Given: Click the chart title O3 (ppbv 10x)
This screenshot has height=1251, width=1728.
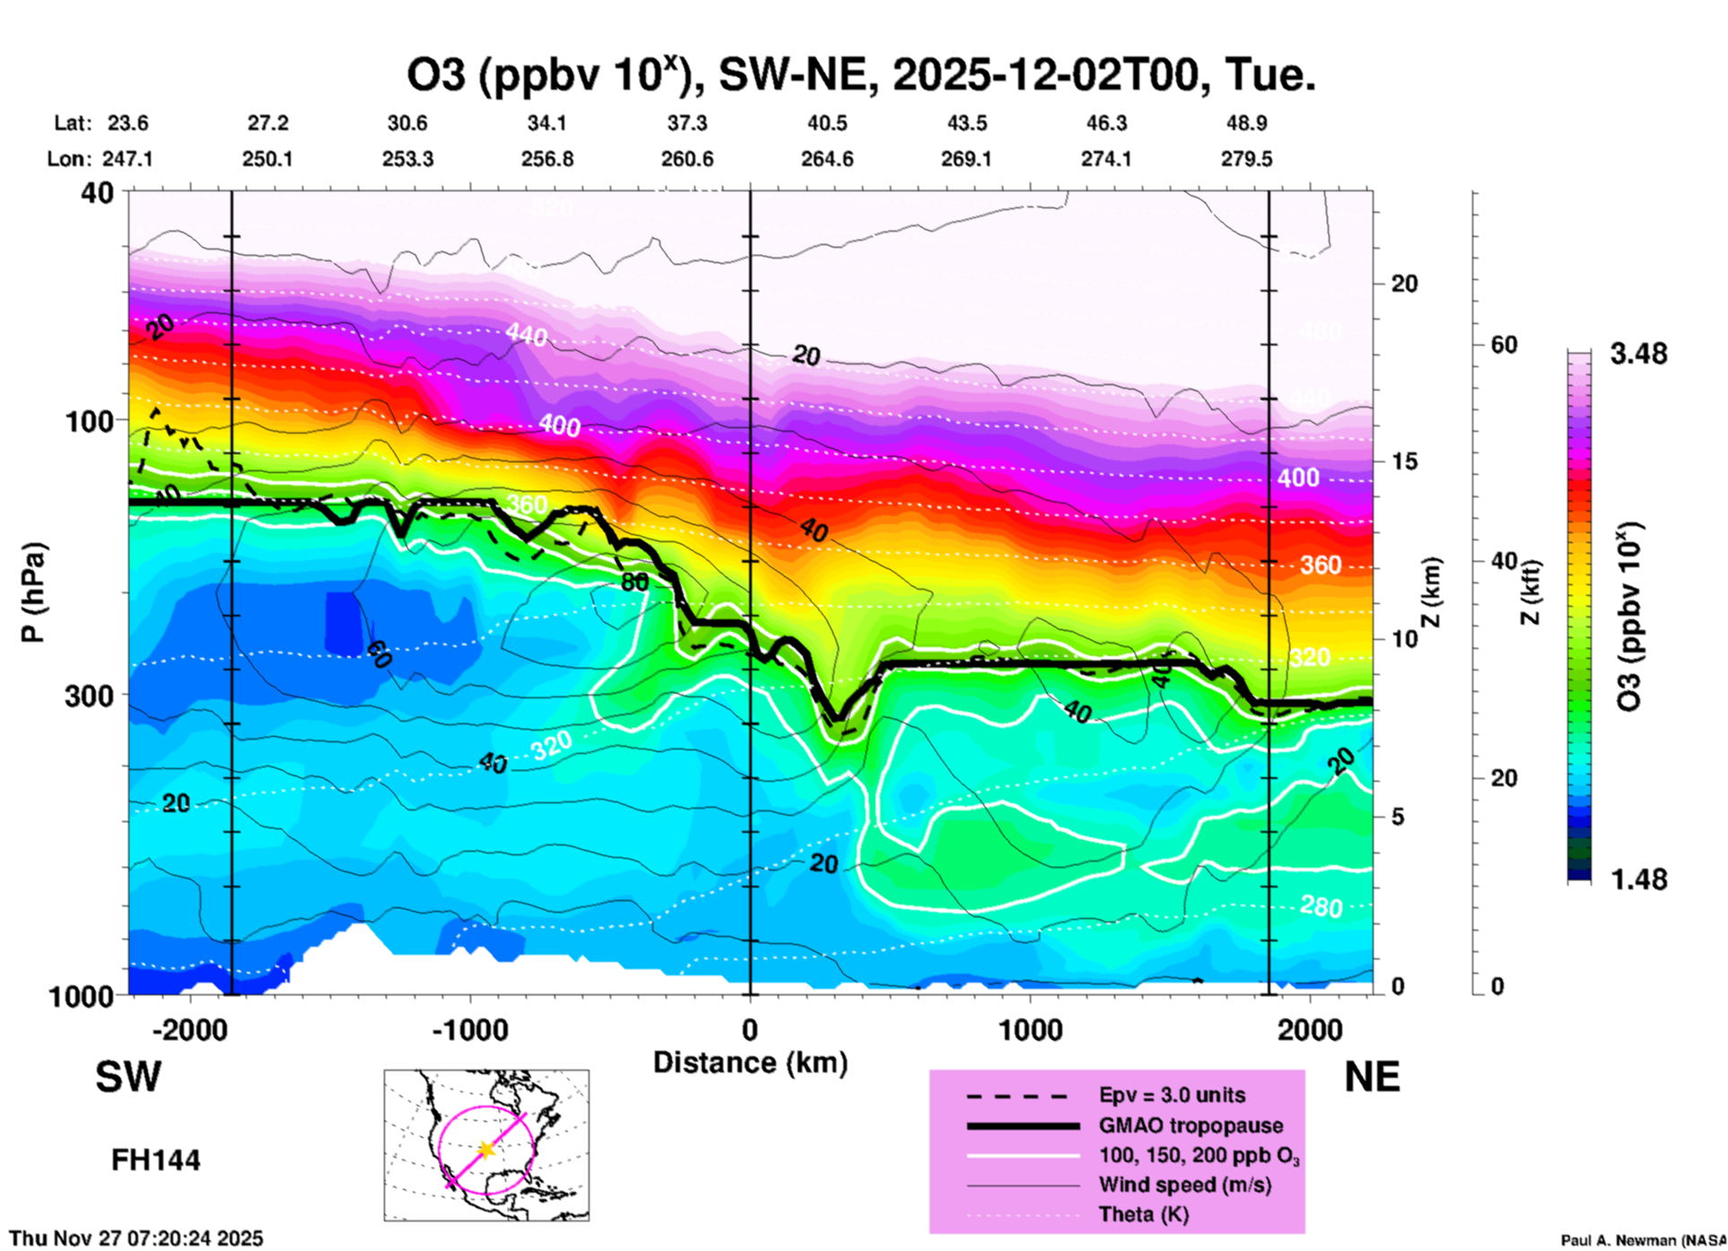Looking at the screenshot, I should pos(861,75).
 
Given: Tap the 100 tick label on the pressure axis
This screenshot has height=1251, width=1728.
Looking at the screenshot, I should pos(92,421).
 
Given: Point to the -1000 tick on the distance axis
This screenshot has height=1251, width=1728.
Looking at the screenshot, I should pos(470,1029).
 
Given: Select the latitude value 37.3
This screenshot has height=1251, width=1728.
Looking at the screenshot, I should pos(686,123).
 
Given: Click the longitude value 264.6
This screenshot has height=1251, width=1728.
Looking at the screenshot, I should pos(826,159).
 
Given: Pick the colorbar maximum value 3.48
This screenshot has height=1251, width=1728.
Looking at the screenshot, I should pos(1638,354).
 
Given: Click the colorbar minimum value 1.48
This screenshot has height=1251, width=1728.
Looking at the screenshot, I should pos(1638,879).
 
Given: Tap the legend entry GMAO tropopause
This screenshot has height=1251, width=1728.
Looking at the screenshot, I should pos(1191,1125).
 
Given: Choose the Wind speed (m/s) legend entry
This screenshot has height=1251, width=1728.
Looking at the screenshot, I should pos(1184,1185).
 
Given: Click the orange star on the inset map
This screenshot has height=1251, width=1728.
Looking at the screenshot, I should pos(486,1149).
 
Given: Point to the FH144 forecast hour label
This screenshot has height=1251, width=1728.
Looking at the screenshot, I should pos(155,1160).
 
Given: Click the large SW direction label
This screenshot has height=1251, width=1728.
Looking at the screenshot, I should pos(128,1077).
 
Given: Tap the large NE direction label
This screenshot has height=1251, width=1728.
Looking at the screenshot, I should pos(1372,1077).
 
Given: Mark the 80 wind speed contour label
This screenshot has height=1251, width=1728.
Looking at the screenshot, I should pos(634,582).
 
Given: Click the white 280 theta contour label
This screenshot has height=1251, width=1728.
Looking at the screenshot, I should pos(1321,907).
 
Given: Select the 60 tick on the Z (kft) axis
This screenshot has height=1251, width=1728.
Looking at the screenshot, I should pos(1504,346).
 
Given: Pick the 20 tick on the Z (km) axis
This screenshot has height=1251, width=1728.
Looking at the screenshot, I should pos(1404,284).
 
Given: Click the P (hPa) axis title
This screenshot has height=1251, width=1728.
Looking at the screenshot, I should pos(33,592).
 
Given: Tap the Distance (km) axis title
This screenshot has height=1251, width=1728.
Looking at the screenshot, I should pos(750,1063).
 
